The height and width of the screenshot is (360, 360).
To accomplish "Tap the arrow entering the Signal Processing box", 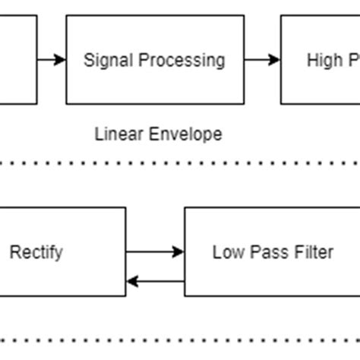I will (52, 59).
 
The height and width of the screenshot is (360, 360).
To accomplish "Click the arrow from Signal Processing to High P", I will (263, 59).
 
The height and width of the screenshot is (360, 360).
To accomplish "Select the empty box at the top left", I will (17, 59).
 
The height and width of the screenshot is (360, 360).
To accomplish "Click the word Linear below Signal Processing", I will (116, 134).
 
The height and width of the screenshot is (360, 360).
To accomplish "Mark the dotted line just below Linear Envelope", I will (180, 162).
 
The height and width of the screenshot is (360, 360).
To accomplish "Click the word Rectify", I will (36, 251).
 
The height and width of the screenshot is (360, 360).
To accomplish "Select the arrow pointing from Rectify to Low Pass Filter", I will (155, 251).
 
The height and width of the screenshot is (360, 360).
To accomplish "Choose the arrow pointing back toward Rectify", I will (155, 281).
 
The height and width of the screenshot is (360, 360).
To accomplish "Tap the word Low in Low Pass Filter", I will (226, 251).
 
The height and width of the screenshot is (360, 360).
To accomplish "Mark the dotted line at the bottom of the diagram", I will (180, 341).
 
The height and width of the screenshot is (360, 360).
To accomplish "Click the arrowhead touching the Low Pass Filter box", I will (178, 251).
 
